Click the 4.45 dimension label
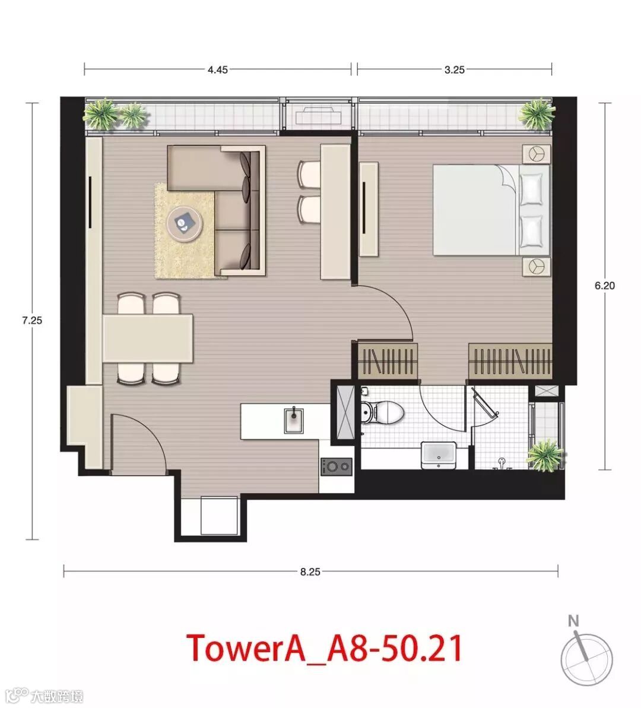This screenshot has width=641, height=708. point(217,69)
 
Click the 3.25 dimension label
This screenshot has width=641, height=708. point(454,69)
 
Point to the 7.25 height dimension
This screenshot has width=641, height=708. point(31,321)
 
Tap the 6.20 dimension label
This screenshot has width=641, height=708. point(604,285)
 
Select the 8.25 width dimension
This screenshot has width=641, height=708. point(310,571)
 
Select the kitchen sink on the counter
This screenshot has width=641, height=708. point(294,419)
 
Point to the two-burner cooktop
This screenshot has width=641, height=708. point(336,466)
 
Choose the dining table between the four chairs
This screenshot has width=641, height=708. point(148,338)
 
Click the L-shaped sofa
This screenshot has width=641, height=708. point(217,210)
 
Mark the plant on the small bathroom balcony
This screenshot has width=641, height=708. point(547,456)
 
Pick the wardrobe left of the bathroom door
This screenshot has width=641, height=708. point(388,361)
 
